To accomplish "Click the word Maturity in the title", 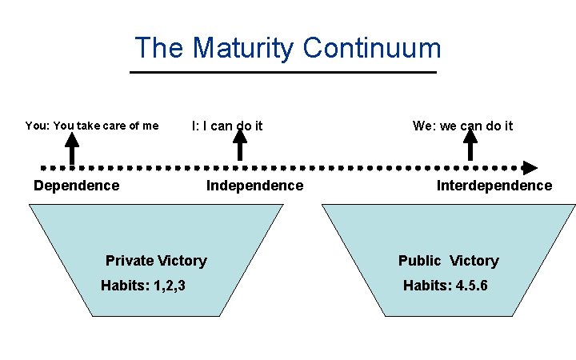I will coord(243,49).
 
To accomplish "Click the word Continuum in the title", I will coord(372,49).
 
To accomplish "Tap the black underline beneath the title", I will coord(283,72).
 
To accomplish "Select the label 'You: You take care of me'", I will coord(92,126).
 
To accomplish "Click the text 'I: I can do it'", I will coord(227,126).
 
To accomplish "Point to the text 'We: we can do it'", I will coord(462,126).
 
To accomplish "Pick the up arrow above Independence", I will coord(239,146).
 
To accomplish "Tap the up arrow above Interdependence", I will coord(470,146).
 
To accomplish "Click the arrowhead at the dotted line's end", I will coord(530,168).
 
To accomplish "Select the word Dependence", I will coord(76,186).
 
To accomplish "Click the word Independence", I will coord(254,186).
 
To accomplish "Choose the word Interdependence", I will coord(494,186).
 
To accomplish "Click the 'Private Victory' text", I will coord(156,260).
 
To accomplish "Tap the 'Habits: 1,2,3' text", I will coord(143,286).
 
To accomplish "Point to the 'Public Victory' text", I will coord(448,261).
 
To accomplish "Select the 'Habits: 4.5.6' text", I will coord(445,286).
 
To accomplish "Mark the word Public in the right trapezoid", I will coord(419,261).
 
